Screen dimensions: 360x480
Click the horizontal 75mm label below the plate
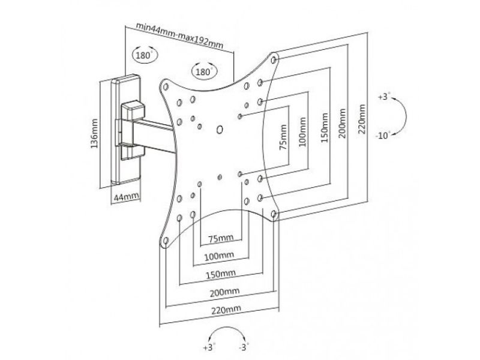click(x=220, y=239)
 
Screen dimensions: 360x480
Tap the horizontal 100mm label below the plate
click(x=220, y=257)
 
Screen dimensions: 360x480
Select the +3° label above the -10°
click(x=384, y=96)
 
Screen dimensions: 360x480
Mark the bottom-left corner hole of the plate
click(x=165, y=241)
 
